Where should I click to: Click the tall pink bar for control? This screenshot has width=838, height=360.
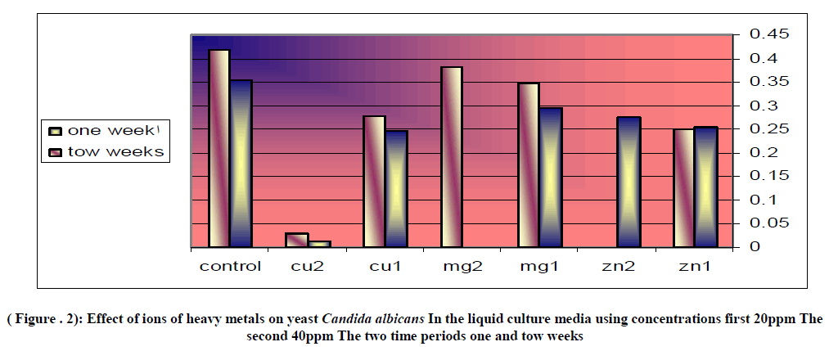click(x=219, y=148)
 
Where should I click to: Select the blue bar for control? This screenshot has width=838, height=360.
click(x=241, y=163)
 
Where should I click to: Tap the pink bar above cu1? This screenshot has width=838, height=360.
click(x=374, y=181)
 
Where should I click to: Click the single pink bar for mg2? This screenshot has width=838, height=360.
click(x=452, y=156)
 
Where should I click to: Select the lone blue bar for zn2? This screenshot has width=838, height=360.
click(x=628, y=182)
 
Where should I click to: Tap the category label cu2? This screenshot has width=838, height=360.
click(x=308, y=267)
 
